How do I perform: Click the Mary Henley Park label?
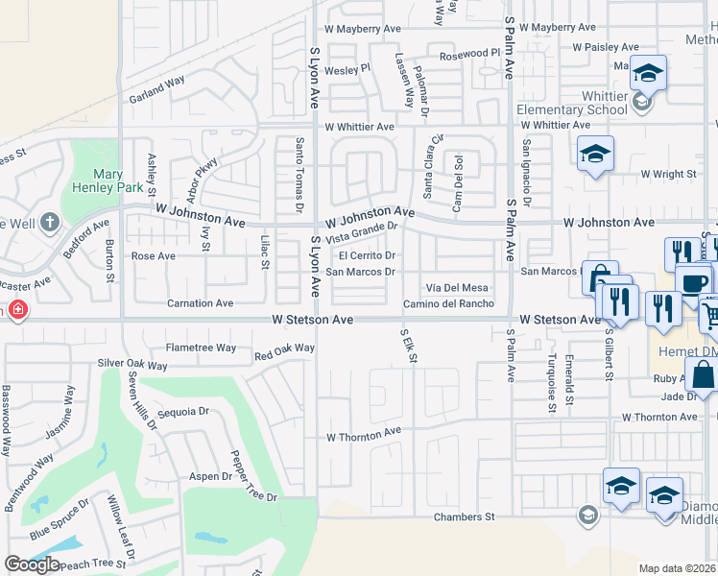tap(94, 181)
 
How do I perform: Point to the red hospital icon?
tap(14, 310)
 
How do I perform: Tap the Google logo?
tap(32, 564)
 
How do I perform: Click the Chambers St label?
tap(463, 516)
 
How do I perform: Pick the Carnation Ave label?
tap(200, 303)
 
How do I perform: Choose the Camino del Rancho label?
tap(447, 303)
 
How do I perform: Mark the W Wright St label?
tap(668, 174)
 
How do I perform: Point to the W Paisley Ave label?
tap(605, 46)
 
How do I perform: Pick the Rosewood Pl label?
tap(470, 53)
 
